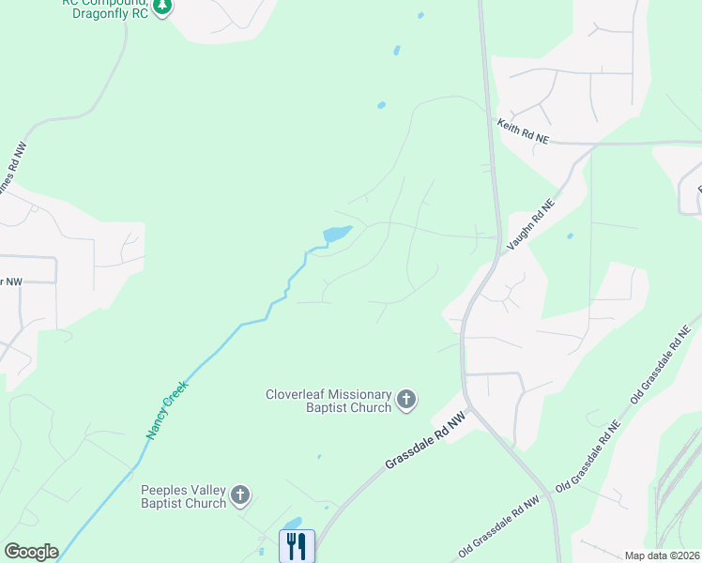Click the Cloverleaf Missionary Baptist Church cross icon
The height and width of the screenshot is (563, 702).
pyautogui.click(x=406, y=401)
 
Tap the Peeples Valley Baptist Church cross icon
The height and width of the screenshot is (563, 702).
pyautogui.click(x=240, y=495)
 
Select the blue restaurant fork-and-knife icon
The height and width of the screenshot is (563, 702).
pyautogui.click(x=297, y=546)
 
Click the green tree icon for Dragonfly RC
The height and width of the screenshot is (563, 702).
pyautogui.click(x=163, y=6)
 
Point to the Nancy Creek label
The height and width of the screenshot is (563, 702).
pyautogui.click(x=168, y=409)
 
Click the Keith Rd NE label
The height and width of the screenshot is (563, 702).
pyautogui.click(x=523, y=130)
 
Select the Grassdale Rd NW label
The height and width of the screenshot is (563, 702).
pyautogui.click(x=425, y=446)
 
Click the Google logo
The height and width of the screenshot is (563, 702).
pyautogui.click(x=31, y=552)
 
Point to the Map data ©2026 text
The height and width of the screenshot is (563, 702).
pyautogui.click(x=662, y=555)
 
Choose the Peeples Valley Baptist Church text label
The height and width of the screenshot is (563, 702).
pyautogui.click(x=184, y=496)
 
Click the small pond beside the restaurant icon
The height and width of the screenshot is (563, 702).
pyautogui.click(x=293, y=524)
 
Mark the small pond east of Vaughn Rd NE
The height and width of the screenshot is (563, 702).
pyautogui.click(x=570, y=236)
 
